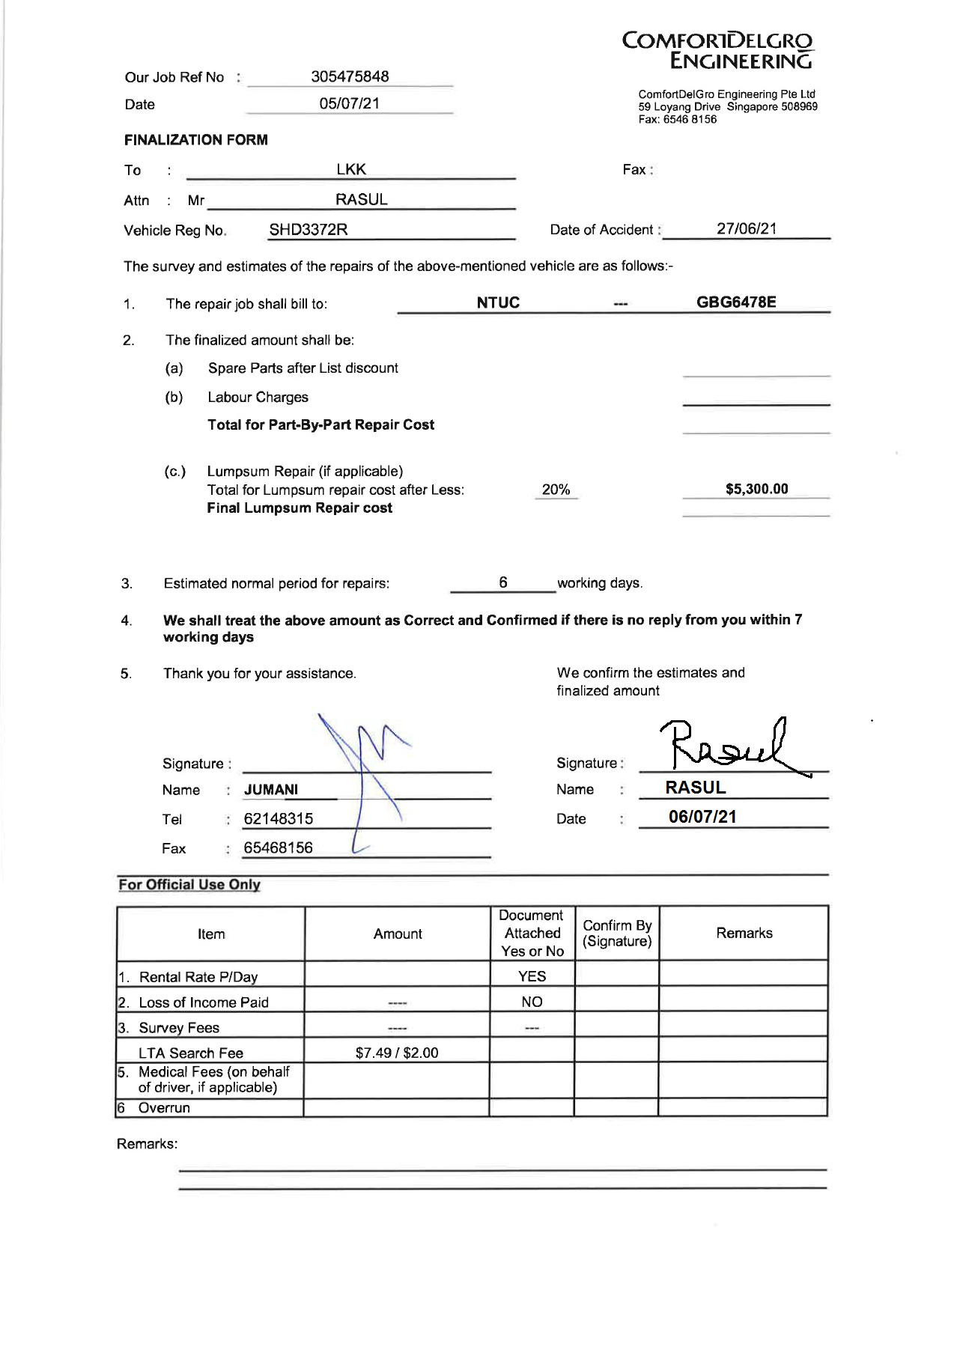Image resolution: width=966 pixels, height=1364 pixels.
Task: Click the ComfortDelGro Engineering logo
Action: coord(717,50)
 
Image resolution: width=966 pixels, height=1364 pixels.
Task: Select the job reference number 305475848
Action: coord(350,76)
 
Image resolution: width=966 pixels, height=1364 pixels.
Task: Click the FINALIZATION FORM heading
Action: coord(195,140)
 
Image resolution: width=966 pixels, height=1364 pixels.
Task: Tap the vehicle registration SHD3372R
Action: coord(308,230)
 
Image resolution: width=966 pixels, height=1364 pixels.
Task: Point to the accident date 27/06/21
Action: coord(746,228)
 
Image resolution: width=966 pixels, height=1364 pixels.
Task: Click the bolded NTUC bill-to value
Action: coord(498,302)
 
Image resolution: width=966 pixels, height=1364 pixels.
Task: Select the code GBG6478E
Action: coord(735,302)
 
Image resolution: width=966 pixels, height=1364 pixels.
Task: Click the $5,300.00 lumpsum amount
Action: coord(756,489)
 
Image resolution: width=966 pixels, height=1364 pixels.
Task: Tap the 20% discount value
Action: coord(556,490)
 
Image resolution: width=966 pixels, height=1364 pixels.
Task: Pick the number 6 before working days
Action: coord(503,582)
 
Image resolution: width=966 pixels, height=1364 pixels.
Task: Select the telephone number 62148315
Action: coord(279,818)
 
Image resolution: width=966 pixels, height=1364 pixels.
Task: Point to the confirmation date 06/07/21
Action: coord(702,817)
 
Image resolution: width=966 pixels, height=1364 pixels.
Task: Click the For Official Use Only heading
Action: coord(189,884)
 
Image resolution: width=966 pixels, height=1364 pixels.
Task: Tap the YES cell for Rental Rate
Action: coord(532,976)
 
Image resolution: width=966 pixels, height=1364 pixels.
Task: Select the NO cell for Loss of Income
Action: coord(532,1002)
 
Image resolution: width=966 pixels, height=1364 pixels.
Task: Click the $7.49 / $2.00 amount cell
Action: coord(397,1053)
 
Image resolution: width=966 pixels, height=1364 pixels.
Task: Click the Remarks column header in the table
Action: coord(744,933)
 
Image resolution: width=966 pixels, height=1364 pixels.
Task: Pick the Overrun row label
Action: coord(164,1108)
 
